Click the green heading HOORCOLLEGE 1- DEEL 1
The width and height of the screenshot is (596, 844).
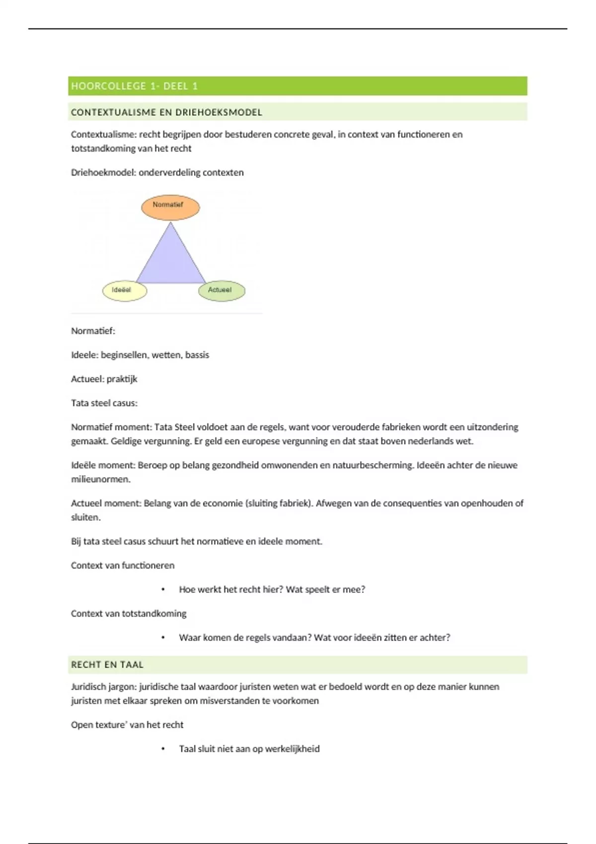(135, 86)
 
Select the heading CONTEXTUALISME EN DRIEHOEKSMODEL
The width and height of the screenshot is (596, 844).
(166, 112)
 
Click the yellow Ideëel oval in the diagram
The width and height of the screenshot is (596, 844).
(124, 291)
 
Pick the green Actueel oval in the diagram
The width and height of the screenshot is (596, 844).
(222, 291)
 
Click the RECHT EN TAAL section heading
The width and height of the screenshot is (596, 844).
(107, 665)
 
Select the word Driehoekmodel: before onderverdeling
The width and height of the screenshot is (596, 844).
(103, 173)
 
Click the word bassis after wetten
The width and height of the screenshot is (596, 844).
(197, 355)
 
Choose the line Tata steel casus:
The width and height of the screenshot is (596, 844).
(104, 403)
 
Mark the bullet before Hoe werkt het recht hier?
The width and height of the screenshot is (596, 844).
(163, 590)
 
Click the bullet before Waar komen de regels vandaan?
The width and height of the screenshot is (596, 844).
(163, 638)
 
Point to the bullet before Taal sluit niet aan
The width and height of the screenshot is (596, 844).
(163, 749)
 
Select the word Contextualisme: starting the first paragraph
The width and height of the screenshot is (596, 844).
(104, 135)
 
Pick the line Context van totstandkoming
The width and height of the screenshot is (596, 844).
(129, 614)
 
